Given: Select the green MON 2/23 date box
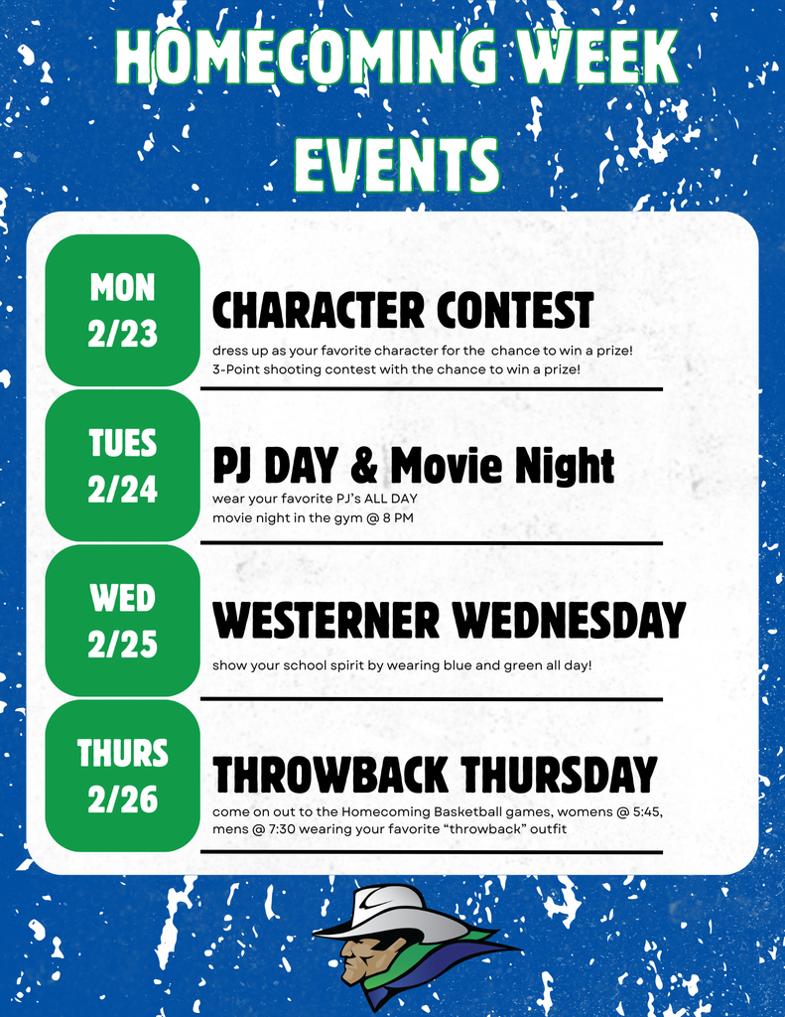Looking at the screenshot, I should [x=122, y=311].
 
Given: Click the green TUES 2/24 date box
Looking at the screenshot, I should [x=122, y=466].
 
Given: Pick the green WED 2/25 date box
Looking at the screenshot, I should [x=122, y=621].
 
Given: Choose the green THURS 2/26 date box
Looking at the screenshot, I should [x=122, y=776].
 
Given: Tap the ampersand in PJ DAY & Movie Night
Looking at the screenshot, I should [x=363, y=466].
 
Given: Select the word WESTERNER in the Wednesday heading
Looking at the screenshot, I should [x=327, y=622].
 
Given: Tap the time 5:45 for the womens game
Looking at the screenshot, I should [x=644, y=812].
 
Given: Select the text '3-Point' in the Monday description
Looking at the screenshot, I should [x=235, y=368].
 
